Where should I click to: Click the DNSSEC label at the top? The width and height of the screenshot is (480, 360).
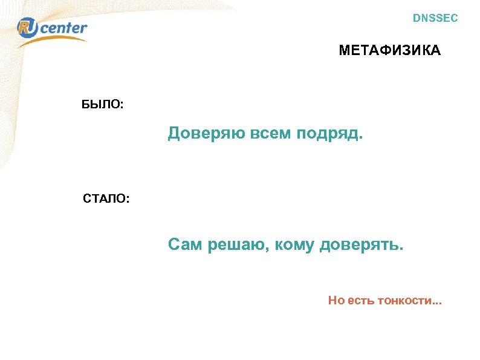point(435,18)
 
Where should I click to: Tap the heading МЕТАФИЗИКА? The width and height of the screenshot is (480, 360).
point(390,51)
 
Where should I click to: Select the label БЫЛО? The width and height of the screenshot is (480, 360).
point(103,104)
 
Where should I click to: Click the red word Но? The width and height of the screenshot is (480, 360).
point(336,300)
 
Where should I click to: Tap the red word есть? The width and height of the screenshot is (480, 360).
point(361,300)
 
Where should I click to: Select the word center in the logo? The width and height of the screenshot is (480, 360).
point(64,28)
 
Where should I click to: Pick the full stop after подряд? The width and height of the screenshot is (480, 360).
point(362,137)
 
